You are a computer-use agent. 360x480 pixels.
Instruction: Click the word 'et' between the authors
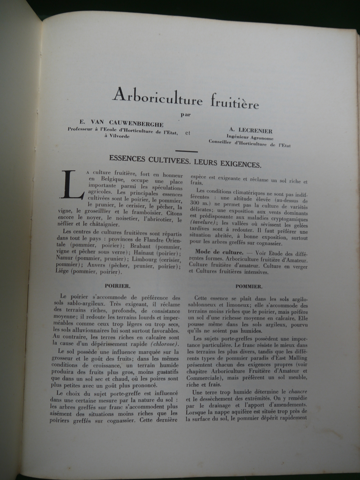(x=187, y=132)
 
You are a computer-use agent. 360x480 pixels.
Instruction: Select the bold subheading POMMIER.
(x=249, y=286)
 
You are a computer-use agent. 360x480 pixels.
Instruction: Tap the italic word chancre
(x=298, y=391)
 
